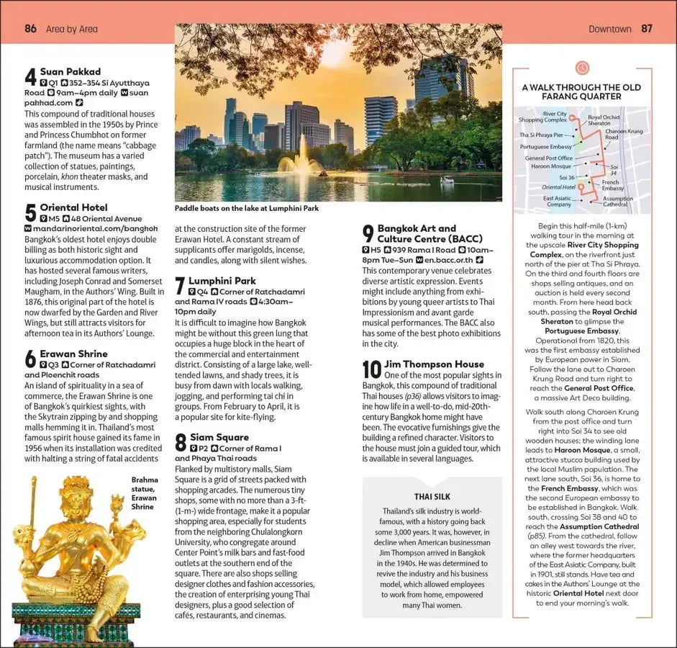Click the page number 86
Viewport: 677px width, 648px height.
tap(30, 29)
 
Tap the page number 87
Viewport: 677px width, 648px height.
tap(647, 29)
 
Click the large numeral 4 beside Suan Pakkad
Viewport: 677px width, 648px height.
tap(30, 78)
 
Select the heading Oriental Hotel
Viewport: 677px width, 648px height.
tap(73, 207)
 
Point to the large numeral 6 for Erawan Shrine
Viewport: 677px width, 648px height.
tap(30, 359)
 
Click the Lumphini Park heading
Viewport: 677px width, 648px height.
tap(222, 281)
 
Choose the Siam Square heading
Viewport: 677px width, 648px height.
tap(219, 437)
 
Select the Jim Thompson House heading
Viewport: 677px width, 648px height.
tap(434, 364)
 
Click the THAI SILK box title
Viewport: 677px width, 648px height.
tap(432, 496)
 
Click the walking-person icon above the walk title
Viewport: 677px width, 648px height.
tap(582, 68)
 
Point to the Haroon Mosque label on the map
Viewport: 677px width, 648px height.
tap(551, 166)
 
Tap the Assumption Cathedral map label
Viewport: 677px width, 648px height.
tap(617, 202)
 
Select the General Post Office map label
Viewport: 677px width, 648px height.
tap(549, 158)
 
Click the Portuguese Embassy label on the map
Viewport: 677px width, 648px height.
tap(546, 146)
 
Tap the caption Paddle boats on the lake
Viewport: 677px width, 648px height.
tap(246, 209)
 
